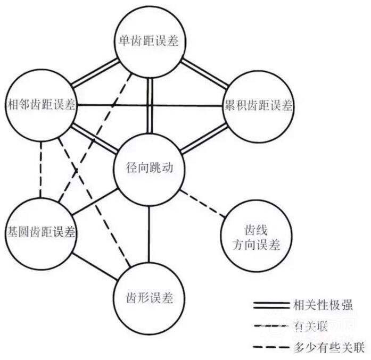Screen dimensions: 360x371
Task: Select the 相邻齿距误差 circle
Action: pyautogui.click(x=41, y=105)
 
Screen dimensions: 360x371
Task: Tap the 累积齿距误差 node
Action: pyautogui.click(x=258, y=105)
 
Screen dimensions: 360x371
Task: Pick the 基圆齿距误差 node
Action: pyautogui.click(x=40, y=233)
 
